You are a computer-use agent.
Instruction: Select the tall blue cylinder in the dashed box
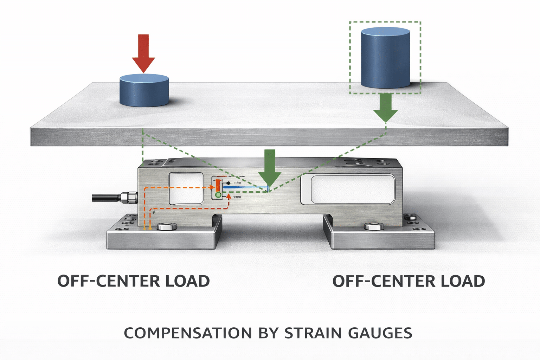385,58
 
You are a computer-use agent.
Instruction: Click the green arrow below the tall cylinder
385,107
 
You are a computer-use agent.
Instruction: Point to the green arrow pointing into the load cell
270,169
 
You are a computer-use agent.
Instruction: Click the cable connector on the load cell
128,197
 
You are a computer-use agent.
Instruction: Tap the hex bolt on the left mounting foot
167,226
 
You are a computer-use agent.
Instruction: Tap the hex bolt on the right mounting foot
374,226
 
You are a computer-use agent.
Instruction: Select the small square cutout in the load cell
186,188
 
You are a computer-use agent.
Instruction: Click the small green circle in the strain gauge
218,194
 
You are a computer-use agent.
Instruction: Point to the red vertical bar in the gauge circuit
218,185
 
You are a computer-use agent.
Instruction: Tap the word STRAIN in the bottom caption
313,333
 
